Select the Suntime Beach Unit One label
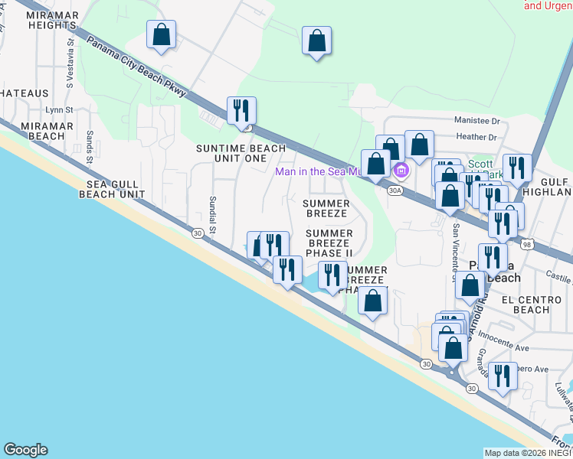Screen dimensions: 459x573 (241, 153)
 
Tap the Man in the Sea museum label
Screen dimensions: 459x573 (318, 171)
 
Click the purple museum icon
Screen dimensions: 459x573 (399, 170)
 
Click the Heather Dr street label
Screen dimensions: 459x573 (476, 137)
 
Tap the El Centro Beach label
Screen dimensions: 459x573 (526, 304)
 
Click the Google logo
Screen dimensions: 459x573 (25, 450)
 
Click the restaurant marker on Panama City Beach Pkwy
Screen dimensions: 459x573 (241, 110)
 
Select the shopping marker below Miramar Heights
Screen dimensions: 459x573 (161, 34)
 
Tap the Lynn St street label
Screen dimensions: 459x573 (58, 110)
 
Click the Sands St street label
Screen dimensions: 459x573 (90, 147)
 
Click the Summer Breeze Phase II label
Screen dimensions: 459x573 (329, 243)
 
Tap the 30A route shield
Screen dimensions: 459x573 (395, 190)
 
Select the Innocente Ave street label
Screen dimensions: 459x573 (503, 342)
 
